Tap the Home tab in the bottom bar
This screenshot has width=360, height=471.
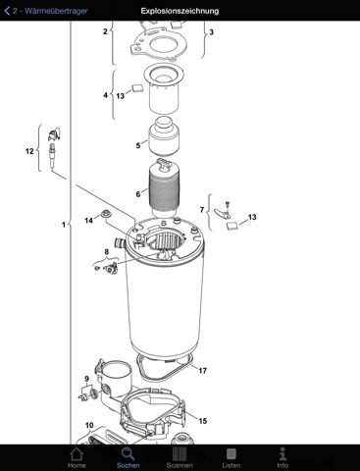(77, 457)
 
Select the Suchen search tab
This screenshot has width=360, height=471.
(129, 457)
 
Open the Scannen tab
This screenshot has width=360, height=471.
(180, 457)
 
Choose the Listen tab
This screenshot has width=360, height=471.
(231, 457)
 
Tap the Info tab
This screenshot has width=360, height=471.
(283, 457)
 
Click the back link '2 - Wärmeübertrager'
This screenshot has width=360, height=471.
(46, 11)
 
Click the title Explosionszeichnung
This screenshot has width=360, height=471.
(180, 11)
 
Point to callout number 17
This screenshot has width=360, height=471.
(203, 371)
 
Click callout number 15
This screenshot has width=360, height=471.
(203, 421)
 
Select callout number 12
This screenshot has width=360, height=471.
(29, 151)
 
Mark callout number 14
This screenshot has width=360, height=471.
(88, 221)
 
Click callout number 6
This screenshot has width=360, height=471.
(138, 194)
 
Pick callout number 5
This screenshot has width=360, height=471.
(138, 145)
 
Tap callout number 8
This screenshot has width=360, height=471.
(107, 252)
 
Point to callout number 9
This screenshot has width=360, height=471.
(86, 379)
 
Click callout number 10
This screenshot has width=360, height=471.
(89, 425)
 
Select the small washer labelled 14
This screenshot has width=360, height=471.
(106, 214)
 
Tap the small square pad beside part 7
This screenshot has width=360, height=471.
(231, 226)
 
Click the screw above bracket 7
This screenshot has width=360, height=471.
(228, 206)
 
